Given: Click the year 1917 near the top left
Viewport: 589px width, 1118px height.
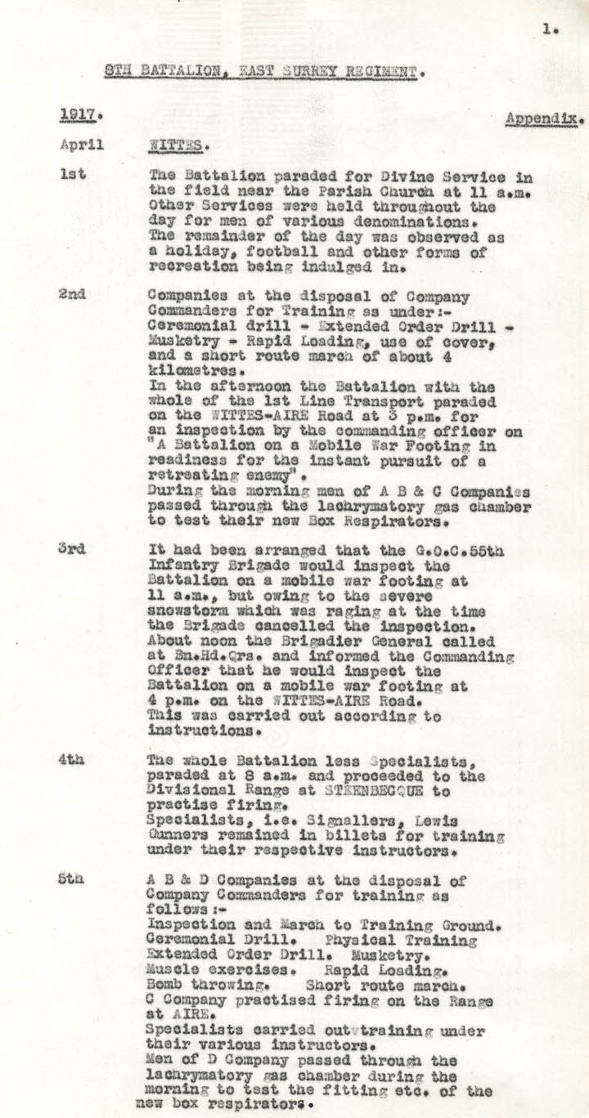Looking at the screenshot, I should click(x=74, y=115).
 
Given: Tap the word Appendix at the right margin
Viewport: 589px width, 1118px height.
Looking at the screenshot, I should click(x=542, y=118).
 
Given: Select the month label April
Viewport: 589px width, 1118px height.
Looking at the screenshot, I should click(x=82, y=145).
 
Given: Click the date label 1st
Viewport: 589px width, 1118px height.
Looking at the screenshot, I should click(x=71, y=174).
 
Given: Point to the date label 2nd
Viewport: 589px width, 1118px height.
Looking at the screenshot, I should click(x=72, y=295).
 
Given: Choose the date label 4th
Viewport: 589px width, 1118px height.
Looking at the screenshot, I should click(x=71, y=759).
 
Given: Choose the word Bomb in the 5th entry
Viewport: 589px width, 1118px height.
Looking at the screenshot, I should click(x=166, y=986).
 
